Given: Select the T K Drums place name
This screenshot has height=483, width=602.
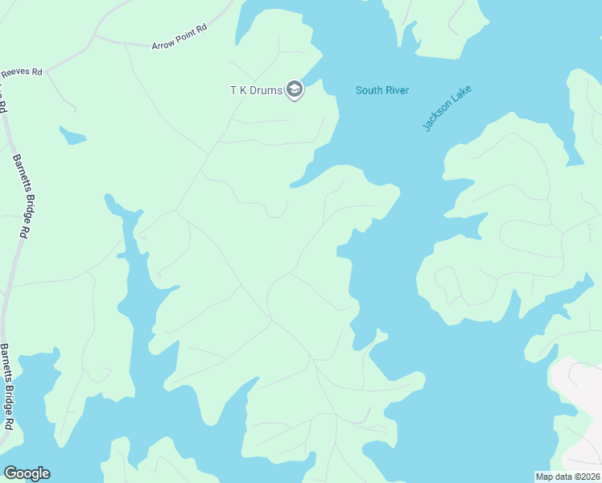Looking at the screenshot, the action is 257,90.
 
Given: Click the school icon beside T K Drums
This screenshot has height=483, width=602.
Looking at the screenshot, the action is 295,90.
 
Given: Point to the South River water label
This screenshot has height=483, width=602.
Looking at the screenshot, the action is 383,90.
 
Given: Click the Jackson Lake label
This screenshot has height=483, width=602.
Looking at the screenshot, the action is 447,109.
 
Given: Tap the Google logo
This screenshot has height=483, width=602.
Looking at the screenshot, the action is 27,473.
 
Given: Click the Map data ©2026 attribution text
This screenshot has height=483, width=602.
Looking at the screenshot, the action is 567,476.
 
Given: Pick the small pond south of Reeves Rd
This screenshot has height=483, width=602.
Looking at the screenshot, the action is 72,136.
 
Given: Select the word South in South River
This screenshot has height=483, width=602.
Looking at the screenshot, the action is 369,90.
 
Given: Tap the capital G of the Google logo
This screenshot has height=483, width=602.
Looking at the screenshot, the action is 10,473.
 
